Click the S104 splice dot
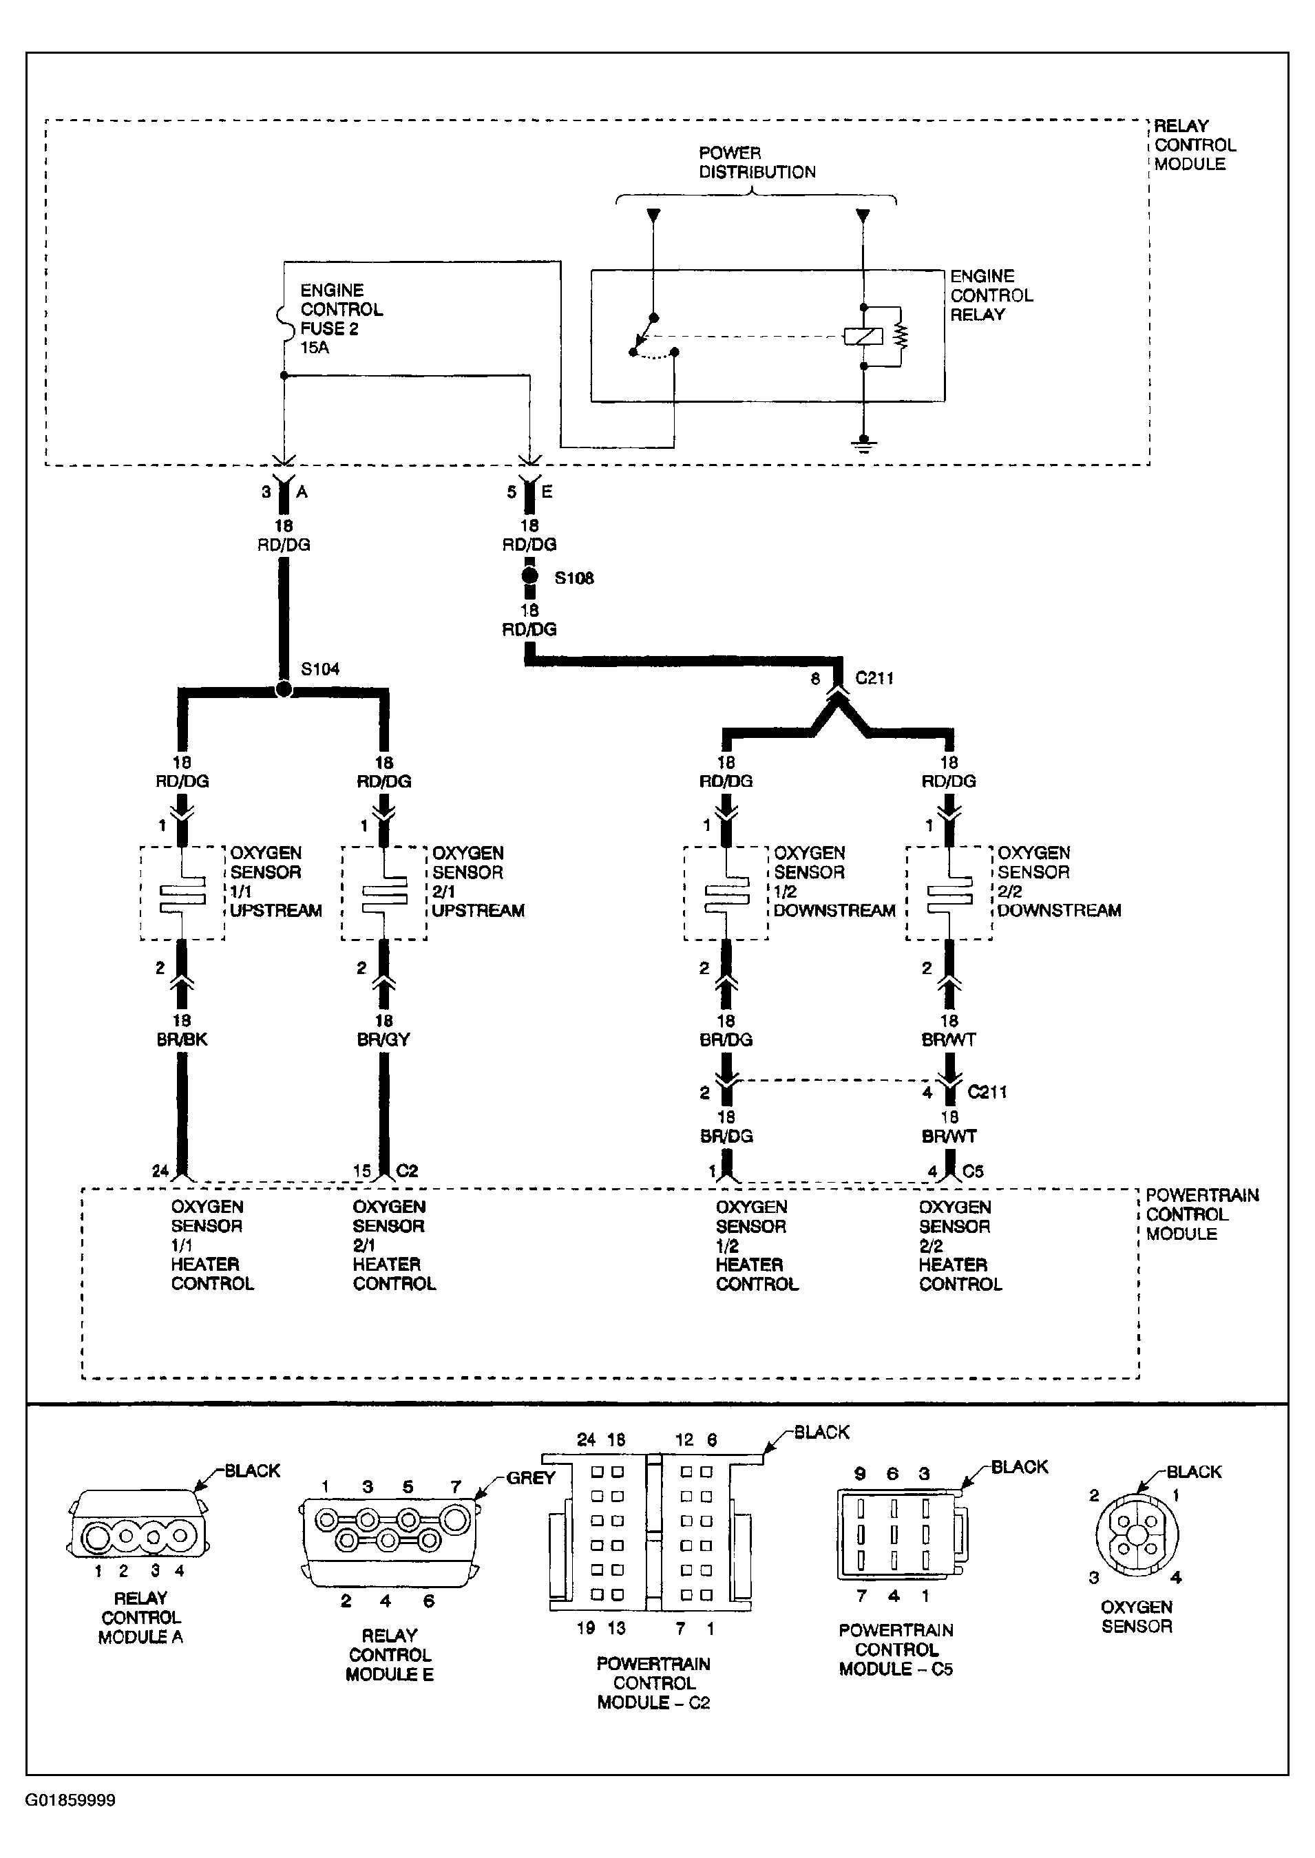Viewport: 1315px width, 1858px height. (x=284, y=690)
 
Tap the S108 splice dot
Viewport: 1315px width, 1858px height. (x=529, y=576)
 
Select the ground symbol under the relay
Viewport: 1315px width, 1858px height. (x=864, y=445)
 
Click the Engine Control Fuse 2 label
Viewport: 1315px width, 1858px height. (x=341, y=319)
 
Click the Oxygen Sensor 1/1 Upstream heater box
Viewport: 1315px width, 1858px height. (x=182, y=893)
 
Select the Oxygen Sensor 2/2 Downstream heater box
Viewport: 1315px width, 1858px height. (x=949, y=893)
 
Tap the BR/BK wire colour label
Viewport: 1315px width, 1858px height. (x=182, y=1039)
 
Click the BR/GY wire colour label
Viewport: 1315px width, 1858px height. (x=383, y=1039)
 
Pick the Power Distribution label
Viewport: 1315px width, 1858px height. (x=757, y=162)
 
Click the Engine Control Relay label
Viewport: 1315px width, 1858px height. (x=991, y=295)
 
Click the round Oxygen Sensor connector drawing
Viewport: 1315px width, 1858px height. (x=1137, y=1535)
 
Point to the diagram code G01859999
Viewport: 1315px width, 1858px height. (x=70, y=1801)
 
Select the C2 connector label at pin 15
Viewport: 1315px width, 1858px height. (x=408, y=1171)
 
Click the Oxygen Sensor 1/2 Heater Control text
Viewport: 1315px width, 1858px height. (x=756, y=1245)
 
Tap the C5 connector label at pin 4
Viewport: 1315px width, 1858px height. (x=974, y=1171)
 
